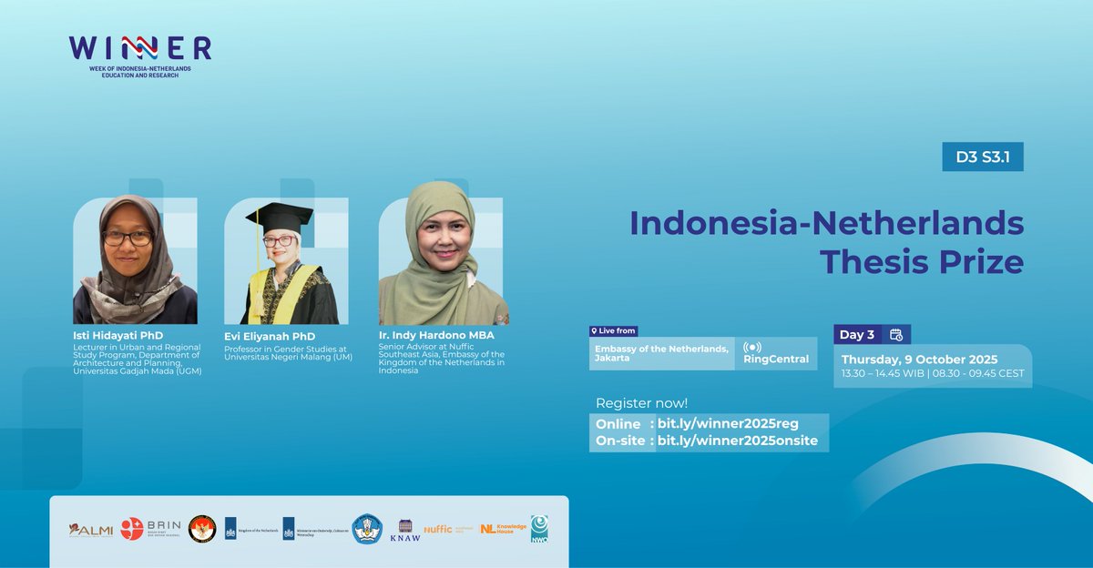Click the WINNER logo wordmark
[x=140, y=47]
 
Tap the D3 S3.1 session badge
[x=983, y=157]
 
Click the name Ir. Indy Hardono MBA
[x=436, y=335]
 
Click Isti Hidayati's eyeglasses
[x=128, y=238]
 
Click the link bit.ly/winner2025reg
[x=728, y=424]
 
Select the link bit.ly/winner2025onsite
[x=737, y=441]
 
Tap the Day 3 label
[x=857, y=334]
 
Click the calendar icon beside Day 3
[x=895, y=334]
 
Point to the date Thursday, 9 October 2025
[x=919, y=359]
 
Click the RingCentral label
[x=776, y=359]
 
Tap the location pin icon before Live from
[x=594, y=331]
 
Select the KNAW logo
[x=405, y=530]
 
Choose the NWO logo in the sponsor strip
[x=539, y=529]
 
